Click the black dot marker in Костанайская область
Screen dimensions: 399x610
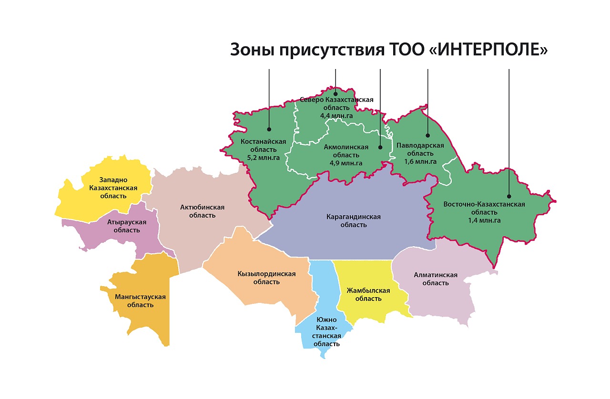[x=269, y=129]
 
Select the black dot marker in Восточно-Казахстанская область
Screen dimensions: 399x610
[x=509, y=196]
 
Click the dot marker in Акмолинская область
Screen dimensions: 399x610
[x=380, y=148]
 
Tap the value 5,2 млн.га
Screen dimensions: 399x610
[x=263, y=157]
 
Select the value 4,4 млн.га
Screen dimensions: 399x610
[x=336, y=115]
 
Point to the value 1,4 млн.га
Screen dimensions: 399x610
[x=484, y=220]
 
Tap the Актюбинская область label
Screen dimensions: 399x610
[x=202, y=211]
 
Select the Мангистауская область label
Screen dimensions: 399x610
[x=140, y=300]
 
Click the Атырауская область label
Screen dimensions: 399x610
[x=127, y=226]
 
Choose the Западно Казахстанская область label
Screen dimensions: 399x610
[x=113, y=188]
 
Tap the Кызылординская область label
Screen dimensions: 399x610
[x=266, y=278]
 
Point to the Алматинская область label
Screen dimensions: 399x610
[x=436, y=279]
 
